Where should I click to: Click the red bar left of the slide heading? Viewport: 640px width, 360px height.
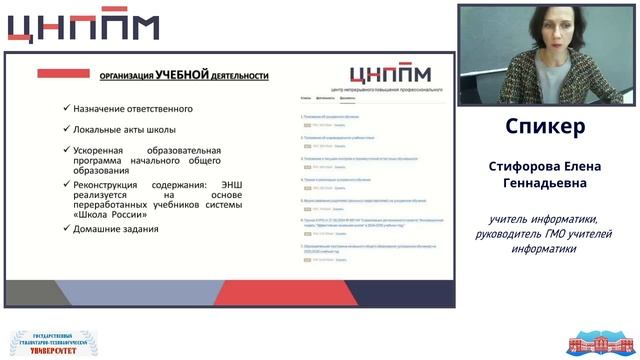[x=64, y=73]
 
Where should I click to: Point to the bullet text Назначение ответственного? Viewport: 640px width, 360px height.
[x=132, y=109]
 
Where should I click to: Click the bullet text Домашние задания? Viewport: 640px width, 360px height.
[x=115, y=229]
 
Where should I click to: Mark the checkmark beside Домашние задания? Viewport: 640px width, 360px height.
[x=65, y=229]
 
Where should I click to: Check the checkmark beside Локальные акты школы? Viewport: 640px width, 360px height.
[x=65, y=129]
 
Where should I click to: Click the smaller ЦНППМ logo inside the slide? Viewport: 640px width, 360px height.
[x=391, y=73]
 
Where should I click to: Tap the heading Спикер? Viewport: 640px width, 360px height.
[x=545, y=127]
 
